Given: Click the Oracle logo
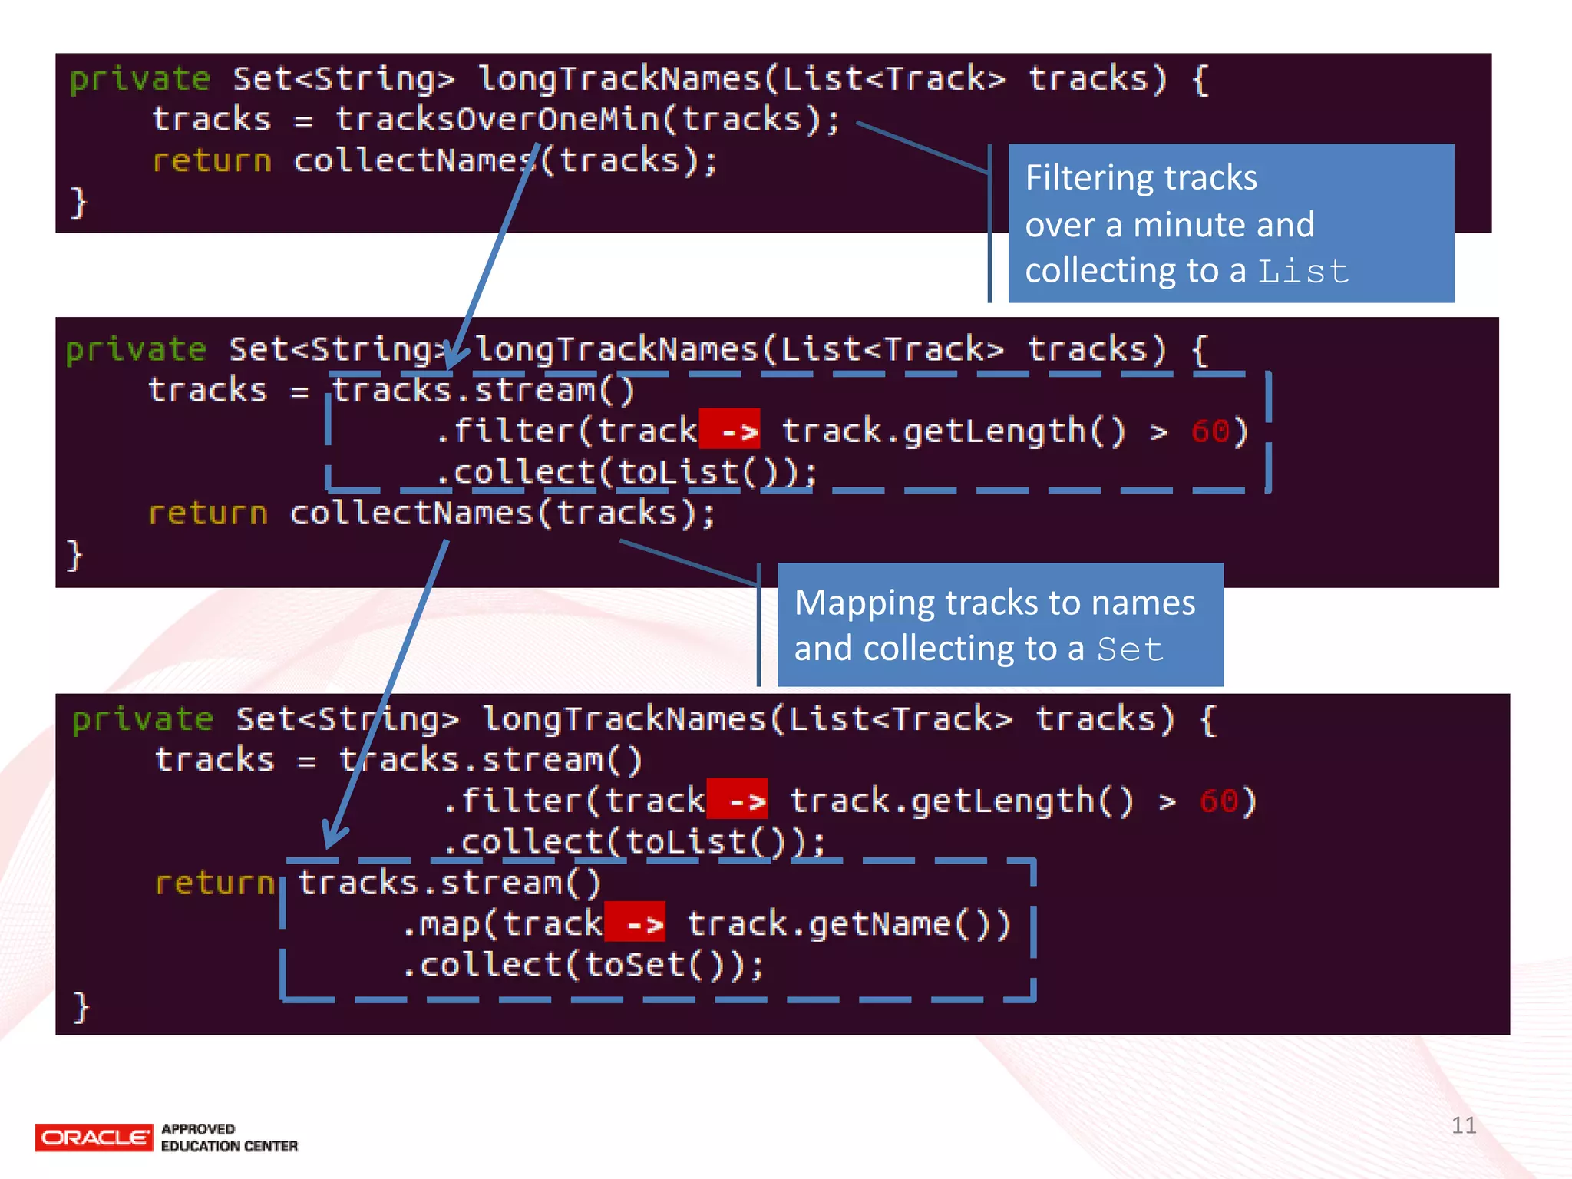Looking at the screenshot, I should [94, 1137].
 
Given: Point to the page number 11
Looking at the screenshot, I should [1463, 1125].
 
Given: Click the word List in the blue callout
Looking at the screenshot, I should [1303, 272].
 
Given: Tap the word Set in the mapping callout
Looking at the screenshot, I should [1129, 649].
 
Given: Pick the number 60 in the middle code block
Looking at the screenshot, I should [1210, 431].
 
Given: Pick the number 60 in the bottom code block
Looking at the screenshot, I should [1218, 801].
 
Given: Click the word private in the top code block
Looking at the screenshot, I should [140, 79].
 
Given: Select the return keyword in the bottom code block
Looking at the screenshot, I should [213, 883].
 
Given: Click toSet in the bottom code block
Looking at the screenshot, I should [634, 965].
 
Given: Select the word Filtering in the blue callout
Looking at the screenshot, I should [1088, 178].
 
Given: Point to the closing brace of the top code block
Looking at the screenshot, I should [78, 203].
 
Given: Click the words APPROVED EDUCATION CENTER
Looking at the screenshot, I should [229, 1138].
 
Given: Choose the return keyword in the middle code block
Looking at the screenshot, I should [207, 514].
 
